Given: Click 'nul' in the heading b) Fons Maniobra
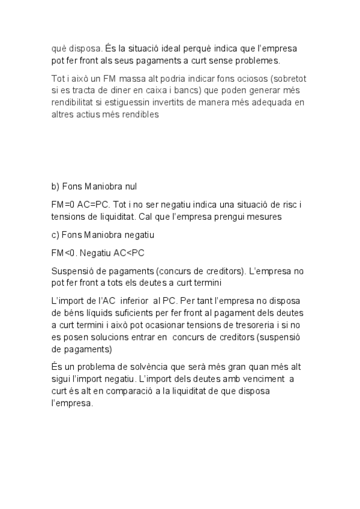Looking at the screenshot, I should [x=131, y=187].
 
